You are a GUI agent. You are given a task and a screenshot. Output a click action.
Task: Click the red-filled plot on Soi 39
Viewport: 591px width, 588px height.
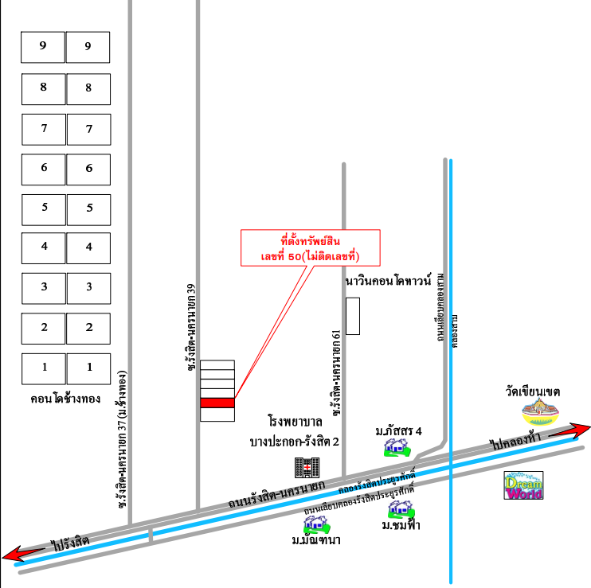[217, 403]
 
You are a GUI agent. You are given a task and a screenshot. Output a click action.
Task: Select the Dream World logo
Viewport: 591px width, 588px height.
[524, 487]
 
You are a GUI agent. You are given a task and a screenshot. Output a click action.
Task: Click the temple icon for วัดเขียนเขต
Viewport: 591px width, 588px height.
[541, 414]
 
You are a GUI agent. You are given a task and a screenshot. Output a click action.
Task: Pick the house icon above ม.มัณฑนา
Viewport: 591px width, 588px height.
[315, 523]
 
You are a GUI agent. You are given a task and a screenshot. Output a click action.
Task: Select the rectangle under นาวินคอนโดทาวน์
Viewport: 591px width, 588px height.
[353, 316]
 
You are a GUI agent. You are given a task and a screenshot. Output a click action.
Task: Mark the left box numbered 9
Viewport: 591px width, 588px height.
[43, 47]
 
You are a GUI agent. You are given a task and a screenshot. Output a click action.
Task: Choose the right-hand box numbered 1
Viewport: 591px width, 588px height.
[88, 368]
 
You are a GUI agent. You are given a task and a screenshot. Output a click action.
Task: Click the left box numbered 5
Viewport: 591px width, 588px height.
[43, 208]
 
